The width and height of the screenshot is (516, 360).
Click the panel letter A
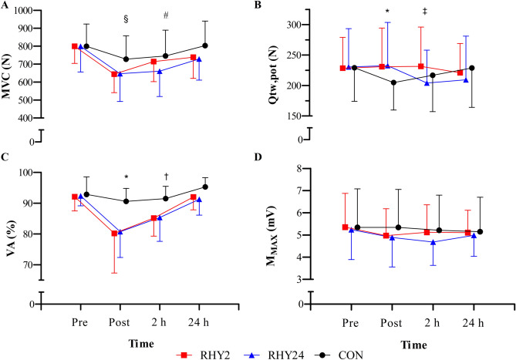point(5,6)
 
